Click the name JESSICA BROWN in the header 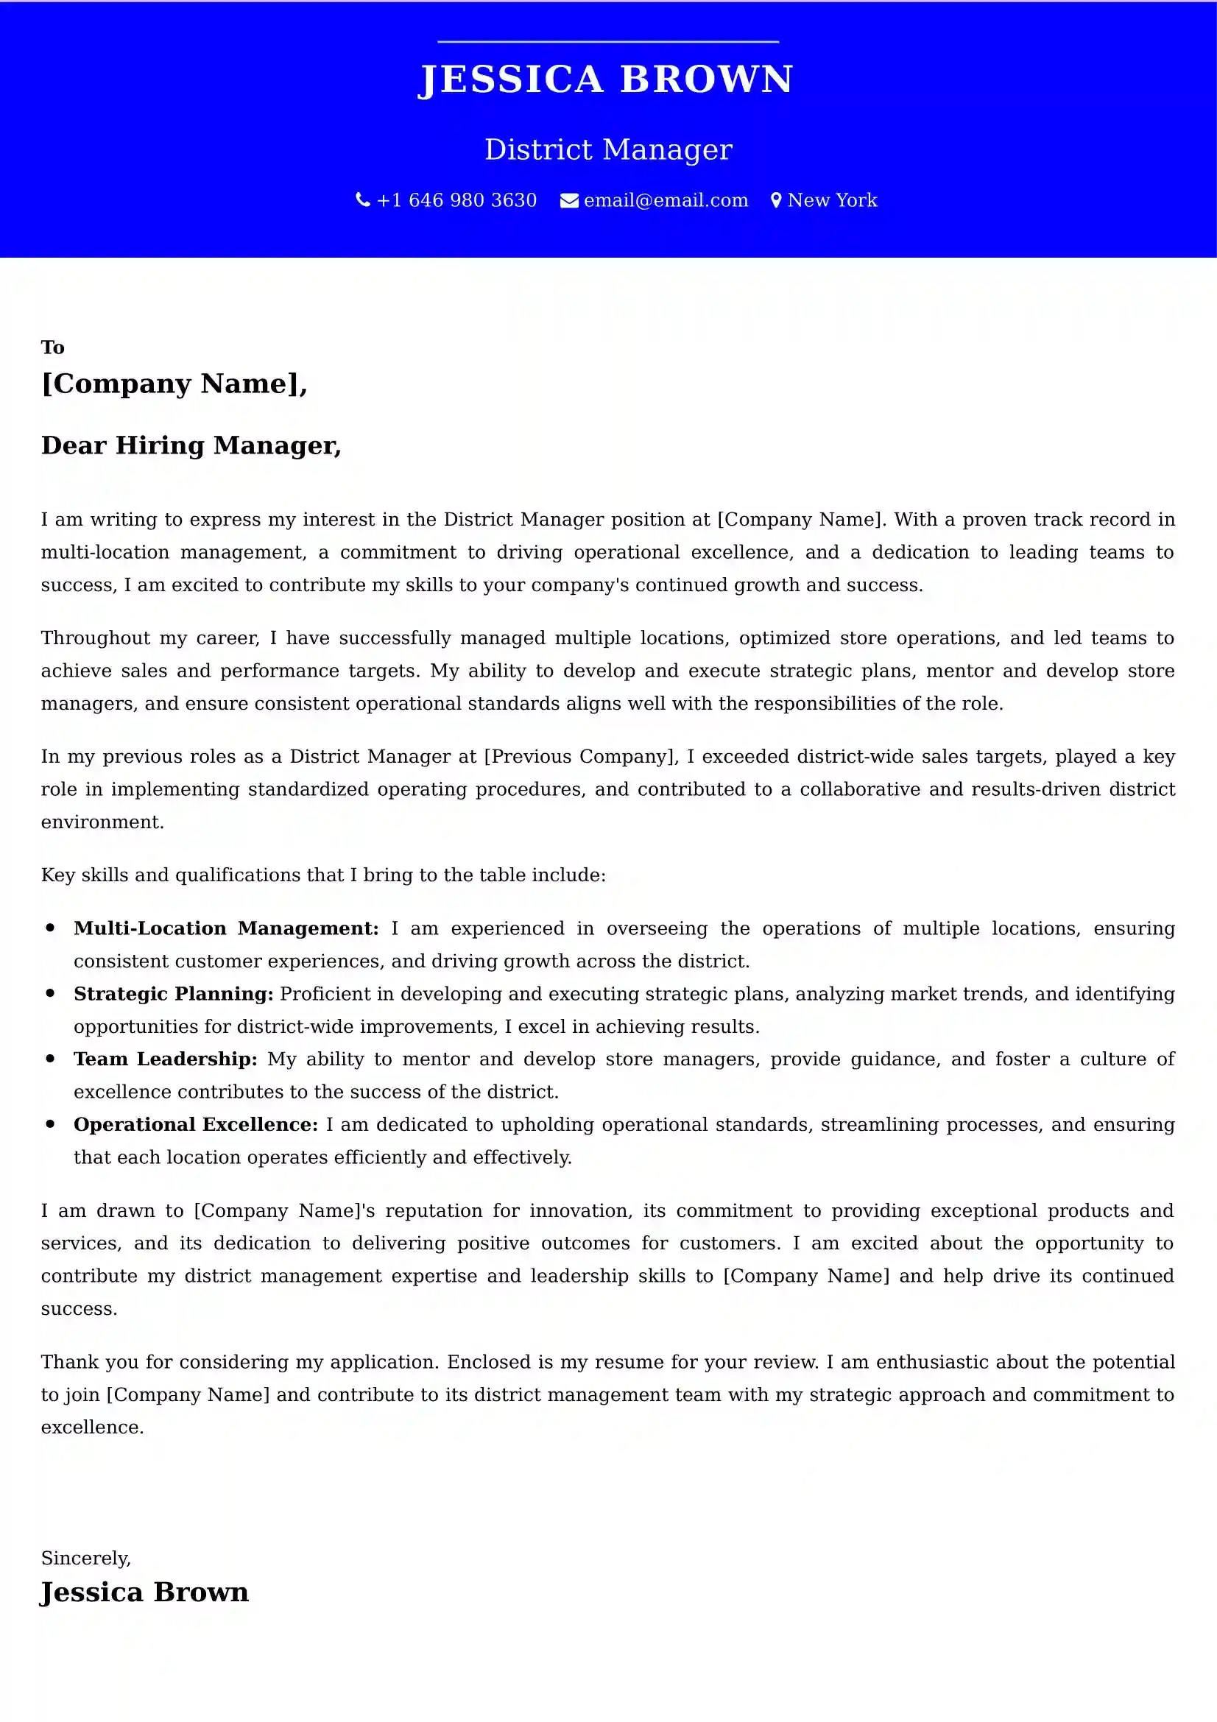point(606,80)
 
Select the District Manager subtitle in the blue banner point(608,149)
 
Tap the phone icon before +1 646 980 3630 point(363,200)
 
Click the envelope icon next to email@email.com point(569,201)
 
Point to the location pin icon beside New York point(776,201)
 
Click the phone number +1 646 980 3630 point(456,200)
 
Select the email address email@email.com point(666,200)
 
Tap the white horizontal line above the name point(608,42)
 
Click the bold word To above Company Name point(52,347)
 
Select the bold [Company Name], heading point(174,384)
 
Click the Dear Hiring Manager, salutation point(191,445)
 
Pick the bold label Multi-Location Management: point(226,928)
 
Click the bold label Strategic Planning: point(173,994)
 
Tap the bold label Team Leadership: point(165,1059)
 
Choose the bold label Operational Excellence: point(196,1124)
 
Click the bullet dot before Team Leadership point(50,1058)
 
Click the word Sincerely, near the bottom point(86,1558)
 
